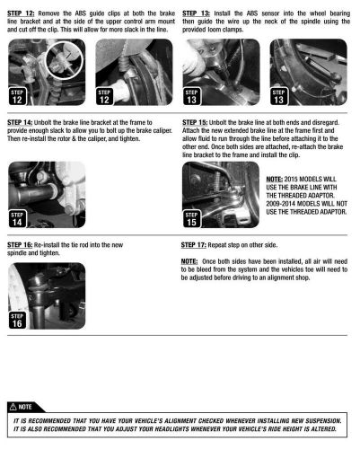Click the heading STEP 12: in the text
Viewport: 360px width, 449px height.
[21, 13]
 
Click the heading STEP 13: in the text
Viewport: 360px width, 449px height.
[196, 13]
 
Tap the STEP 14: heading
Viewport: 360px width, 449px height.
[20, 122]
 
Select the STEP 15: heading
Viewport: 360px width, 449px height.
[195, 122]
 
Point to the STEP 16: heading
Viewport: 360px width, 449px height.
[20, 245]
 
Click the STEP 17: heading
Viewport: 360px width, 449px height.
[193, 245]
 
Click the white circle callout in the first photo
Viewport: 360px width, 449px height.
[64, 60]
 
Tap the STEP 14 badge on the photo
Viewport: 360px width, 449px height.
[17, 219]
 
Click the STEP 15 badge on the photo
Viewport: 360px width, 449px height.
[191, 219]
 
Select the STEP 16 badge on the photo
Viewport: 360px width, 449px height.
[17, 321]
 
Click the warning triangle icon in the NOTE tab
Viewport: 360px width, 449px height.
[13, 407]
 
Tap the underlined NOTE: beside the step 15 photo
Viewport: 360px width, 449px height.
[275, 180]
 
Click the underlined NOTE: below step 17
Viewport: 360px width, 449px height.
[189, 261]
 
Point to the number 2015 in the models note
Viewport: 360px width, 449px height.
[291, 180]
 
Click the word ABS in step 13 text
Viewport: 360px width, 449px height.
[252, 13]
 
